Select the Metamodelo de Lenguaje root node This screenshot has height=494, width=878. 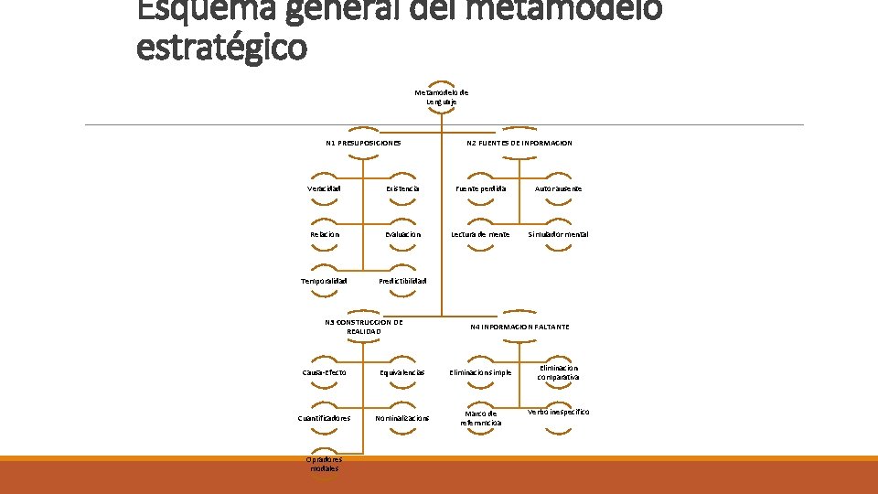point(441,97)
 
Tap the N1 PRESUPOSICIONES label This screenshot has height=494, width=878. point(363,143)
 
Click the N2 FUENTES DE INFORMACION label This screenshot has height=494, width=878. point(519,143)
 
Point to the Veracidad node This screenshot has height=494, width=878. point(324,188)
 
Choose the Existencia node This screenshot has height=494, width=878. point(402,188)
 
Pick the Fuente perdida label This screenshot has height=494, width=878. point(481,188)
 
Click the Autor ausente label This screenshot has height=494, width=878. point(558,188)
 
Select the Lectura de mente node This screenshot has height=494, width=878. point(480,234)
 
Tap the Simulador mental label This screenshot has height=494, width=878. point(558,234)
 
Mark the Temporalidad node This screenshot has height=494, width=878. point(324,281)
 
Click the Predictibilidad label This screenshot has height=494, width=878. point(402,281)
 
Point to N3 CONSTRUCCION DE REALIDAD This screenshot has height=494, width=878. point(363,327)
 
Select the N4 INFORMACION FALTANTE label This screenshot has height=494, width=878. point(519,327)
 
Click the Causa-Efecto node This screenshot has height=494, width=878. point(324,372)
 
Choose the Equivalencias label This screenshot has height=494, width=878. point(402,372)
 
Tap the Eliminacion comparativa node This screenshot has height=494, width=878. point(558,372)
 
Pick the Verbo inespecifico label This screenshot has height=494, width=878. point(558,412)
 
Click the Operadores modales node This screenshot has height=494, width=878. point(324,464)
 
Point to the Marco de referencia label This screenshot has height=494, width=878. point(481,418)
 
